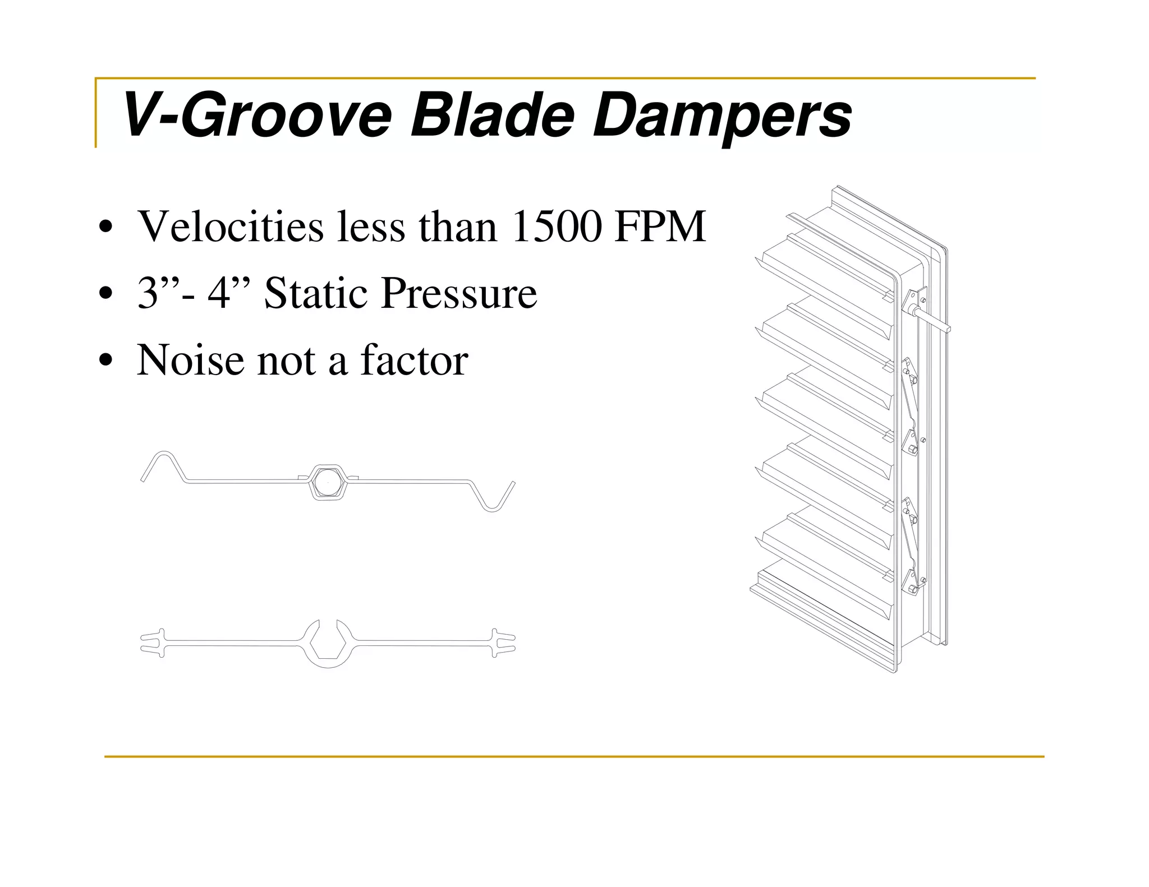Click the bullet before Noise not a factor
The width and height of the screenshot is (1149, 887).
[105, 361]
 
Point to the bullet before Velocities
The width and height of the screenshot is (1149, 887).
[105, 227]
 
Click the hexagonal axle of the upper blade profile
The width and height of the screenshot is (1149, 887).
[328, 482]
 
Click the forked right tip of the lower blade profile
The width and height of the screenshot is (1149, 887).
[504, 643]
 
